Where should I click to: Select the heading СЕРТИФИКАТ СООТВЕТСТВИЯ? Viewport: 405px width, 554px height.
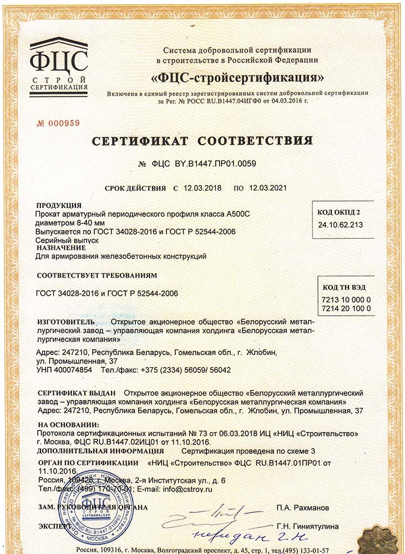(x=202, y=140)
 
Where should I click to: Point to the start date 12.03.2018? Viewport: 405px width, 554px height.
(x=201, y=188)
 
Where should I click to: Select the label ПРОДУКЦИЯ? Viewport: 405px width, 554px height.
(x=59, y=206)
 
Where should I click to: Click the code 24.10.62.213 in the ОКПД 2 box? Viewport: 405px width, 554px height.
(x=341, y=225)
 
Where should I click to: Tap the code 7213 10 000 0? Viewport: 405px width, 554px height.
(x=346, y=299)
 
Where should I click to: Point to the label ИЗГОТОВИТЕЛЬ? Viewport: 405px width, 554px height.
(x=66, y=322)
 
